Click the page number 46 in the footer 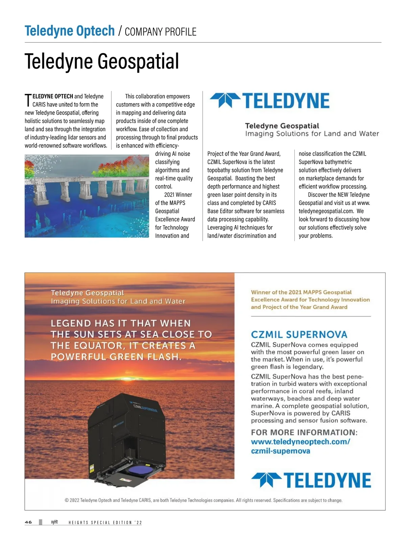[x=28, y=522]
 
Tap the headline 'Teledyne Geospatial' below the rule [x=101, y=62]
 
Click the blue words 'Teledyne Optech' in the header [x=70, y=31]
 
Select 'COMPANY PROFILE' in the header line [x=160, y=32]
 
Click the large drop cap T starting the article [x=28, y=100]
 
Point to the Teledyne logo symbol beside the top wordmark [x=225, y=100]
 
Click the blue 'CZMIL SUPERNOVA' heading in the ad [x=299, y=335]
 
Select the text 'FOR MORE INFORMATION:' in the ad [x=304, y=433]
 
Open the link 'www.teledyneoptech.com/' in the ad [x=300, y=442]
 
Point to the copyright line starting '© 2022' [x=203, y=500]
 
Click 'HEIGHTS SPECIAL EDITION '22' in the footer [x=105, y=522]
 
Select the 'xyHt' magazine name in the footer [x=54, y=522]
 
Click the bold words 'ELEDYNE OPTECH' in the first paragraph [x=53, y=96]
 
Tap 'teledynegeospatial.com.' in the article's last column [x=326, y=211]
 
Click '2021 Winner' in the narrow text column [x=178, y=195]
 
